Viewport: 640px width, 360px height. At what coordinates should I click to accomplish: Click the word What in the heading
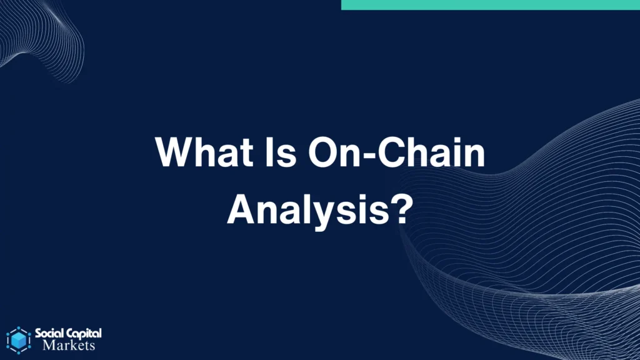(x=204, y=152)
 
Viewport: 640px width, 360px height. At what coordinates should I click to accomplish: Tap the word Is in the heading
(x=281, y=152)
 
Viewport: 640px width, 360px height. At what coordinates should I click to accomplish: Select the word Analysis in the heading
(x=308, y=211)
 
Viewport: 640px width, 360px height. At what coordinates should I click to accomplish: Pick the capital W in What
(x=176, y=152)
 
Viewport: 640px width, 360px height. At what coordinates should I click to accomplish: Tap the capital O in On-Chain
(x=323, y=152)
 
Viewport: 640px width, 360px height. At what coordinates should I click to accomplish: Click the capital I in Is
(x=270, y=152)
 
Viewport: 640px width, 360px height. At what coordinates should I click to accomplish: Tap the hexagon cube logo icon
(x=18, y=340)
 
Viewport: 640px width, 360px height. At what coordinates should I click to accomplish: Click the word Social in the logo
(x=49, y=334)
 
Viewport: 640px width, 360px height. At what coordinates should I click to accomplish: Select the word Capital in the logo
(x=84, y=334)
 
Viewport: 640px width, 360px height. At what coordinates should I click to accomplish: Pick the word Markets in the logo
(x=69, y=346)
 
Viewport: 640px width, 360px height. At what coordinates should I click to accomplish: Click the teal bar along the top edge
(x=491, y=5)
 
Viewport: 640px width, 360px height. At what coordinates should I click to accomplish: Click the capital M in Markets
(x=49, y=345)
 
